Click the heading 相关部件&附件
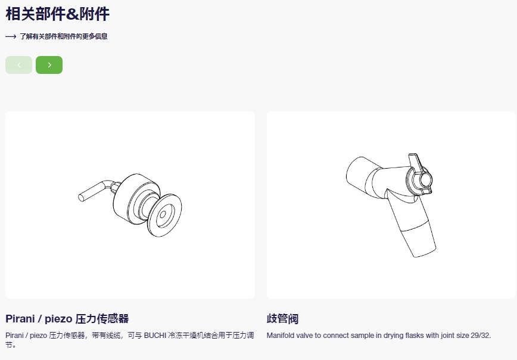click(x=57, y=14)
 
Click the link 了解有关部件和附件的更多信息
click(x=64, y=36)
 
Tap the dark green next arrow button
click(x=49, y=65)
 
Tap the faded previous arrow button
click(x=19, y=65)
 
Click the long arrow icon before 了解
click(x=11, y=36)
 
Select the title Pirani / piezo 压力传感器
click(x=67, y=319)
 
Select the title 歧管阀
click(x=282, y=319)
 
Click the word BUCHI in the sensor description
click(x=155, y=336)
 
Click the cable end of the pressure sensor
click(x=81, y=198)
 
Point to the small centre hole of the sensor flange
click(x=163, y=215)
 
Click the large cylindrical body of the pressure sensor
click(x=132, y=197)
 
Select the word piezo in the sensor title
click(x=58, y=319)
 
